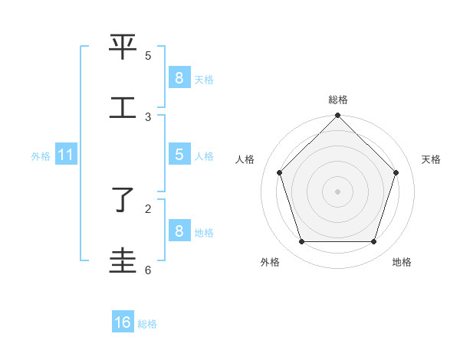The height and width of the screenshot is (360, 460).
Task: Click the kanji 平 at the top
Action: pos(123,47)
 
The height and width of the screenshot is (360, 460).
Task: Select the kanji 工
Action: pos(123,108)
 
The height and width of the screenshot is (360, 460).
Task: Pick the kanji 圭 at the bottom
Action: pos(123,261)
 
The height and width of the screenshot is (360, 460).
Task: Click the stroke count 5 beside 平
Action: pos(148,56)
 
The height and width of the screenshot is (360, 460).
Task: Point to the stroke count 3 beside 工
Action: pos(148,116)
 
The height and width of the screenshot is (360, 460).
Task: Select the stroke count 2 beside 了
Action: pos(148,208)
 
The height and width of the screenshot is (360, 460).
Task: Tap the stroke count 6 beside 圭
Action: pos(148,270)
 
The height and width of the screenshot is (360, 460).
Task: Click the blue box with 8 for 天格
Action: pos(179,77)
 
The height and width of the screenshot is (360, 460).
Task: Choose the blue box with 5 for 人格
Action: pos(179,154)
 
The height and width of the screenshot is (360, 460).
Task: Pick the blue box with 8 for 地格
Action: pos(179,231)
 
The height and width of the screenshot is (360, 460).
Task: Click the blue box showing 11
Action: pos(66,155)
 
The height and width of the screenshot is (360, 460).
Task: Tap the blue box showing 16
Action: pos(123,322)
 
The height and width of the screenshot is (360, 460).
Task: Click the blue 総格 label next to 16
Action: pos(147,324)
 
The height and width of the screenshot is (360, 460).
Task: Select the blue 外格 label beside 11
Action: pos(41,156)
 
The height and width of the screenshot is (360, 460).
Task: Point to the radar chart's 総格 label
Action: pos(337,100)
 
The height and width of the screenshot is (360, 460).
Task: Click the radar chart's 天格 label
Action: pos(431,159)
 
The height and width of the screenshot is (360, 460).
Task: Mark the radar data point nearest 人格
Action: pos(279,172)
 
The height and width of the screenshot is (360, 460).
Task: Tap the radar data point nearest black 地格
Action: pos(373,241)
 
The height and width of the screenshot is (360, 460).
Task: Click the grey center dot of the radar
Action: pos(337,191)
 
